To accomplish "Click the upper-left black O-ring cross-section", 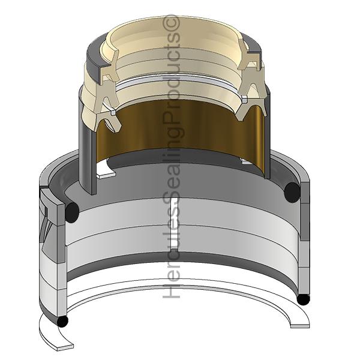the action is (72, 212).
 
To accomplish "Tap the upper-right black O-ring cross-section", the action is (292, 193).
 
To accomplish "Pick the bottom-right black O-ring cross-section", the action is (303, 299).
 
